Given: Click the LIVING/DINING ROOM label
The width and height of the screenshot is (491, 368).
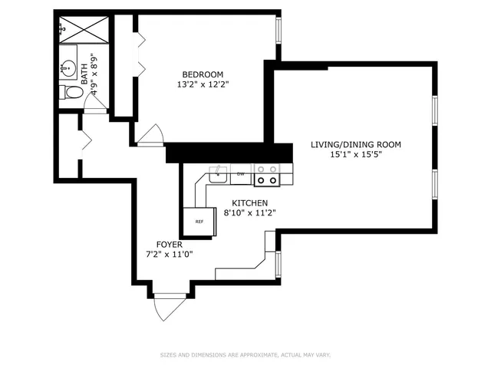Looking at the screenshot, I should pyautogui.click(x=355, y=144).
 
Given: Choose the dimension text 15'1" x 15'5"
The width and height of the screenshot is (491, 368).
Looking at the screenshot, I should pyautogui.click(x=355, y=155).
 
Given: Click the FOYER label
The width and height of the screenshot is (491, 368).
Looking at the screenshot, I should pyautogui.click(x=169, y=245).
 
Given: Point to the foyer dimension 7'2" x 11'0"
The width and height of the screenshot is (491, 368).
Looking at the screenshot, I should pyautogui.click(x=169, y=255).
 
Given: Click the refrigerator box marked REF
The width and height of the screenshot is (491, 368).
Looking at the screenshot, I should pyautogui.click(x=199, y=222).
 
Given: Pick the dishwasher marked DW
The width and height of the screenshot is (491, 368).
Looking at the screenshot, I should pyautogui.click(x=241, y=174).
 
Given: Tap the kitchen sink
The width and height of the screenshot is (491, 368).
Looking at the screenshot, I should pyautogui.click(x=220, y=174).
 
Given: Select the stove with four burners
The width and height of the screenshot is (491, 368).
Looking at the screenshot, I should pyautogui.click(x=267, y=175).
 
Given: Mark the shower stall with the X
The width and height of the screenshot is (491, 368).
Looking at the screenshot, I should pyautogui.click(x=84, y=29).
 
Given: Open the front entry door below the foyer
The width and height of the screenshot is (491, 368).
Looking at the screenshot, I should pyautogui.click(x=169, y=307).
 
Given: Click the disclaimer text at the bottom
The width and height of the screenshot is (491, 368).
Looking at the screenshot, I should pyautogui.click(x=245, y=354).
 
